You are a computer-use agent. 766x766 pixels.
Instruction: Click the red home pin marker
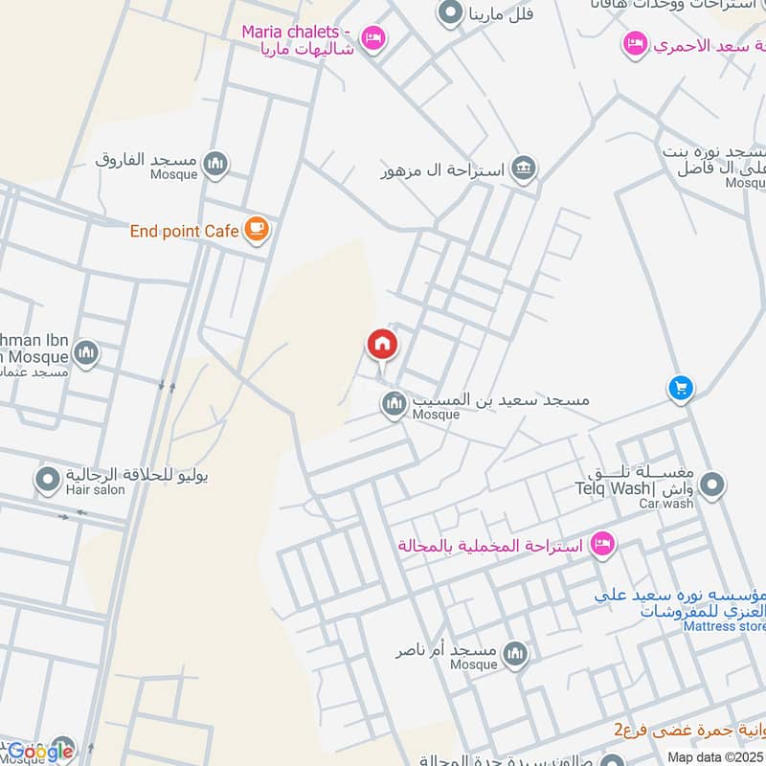382,345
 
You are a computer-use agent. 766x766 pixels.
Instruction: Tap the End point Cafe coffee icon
256,229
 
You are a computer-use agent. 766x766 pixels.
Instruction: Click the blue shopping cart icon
680,388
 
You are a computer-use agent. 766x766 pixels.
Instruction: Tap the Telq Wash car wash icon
711,486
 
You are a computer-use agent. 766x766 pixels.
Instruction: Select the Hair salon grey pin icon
47,478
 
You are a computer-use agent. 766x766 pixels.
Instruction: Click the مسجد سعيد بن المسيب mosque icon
394,405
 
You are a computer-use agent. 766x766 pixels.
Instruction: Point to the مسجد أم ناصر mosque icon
515,654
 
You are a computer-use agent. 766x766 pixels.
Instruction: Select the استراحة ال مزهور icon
523,169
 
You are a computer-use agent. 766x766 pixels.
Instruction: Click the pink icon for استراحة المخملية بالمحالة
602,544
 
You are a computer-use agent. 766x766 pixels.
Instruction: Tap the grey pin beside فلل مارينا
449,12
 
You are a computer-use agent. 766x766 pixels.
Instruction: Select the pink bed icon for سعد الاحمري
634,43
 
